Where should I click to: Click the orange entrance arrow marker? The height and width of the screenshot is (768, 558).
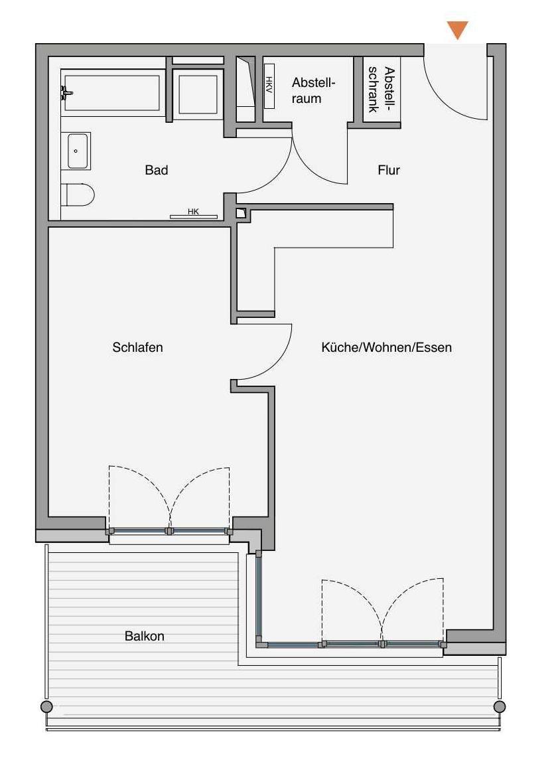pos(458,30)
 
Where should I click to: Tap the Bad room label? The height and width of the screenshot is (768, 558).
pos(157,170)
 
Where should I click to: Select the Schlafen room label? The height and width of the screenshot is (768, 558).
pos(137,347)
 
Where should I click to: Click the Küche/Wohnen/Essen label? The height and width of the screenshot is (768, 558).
pos(387,347)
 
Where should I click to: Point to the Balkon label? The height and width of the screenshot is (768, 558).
pos(145,637)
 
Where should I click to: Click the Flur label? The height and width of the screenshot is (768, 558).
pos(389,170)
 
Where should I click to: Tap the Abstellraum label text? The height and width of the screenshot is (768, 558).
pos(313,91)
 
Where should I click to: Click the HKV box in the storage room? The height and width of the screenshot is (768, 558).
pos(269,86)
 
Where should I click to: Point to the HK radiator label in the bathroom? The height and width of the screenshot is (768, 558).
pos(193,212)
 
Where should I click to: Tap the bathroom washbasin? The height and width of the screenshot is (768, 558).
pos(76,151)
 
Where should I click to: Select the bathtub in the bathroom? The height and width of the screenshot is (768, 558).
pos(113,93)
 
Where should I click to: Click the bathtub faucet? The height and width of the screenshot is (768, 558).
pos(66,92)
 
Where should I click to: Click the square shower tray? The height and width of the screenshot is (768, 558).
pos(198,94)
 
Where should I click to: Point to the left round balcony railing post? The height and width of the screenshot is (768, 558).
pos(46,706)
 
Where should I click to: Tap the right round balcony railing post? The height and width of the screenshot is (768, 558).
pos(500,706)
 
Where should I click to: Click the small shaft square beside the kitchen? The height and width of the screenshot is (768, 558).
pos(242,213)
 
